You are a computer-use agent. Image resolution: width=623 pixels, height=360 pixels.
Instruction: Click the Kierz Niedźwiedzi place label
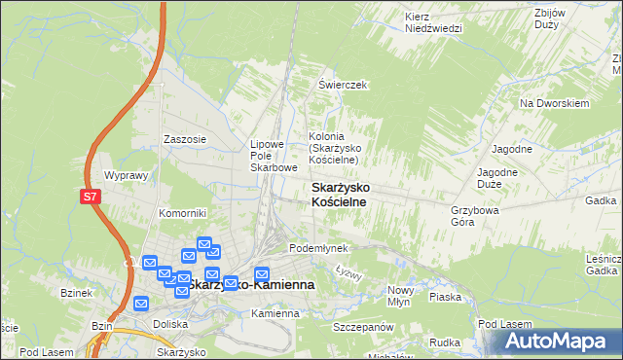tap(433, 22)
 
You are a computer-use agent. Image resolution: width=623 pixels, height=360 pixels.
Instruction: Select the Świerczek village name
tap(342, 85)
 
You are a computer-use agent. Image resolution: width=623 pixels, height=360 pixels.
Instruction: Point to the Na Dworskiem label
tap(556, 103)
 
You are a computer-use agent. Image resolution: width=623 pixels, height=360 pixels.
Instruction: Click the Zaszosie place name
tap(185, 139)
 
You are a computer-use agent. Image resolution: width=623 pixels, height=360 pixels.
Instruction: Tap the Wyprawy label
tap(125, 176)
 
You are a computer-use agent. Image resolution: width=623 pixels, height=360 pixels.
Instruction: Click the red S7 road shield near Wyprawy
tap(90, 197)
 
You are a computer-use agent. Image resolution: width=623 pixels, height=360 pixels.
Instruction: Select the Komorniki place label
tap(183, 213)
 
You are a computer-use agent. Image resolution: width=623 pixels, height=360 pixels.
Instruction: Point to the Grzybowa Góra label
tap(475, 215)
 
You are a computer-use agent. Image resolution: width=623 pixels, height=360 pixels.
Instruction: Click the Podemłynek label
tap(318, 248)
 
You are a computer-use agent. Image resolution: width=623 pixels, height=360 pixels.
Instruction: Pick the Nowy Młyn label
tap(401, 296)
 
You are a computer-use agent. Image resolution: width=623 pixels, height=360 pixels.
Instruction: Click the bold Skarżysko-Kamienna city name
tap(250, 285)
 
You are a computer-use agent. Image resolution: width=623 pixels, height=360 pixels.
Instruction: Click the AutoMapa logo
tap(560, 342)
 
